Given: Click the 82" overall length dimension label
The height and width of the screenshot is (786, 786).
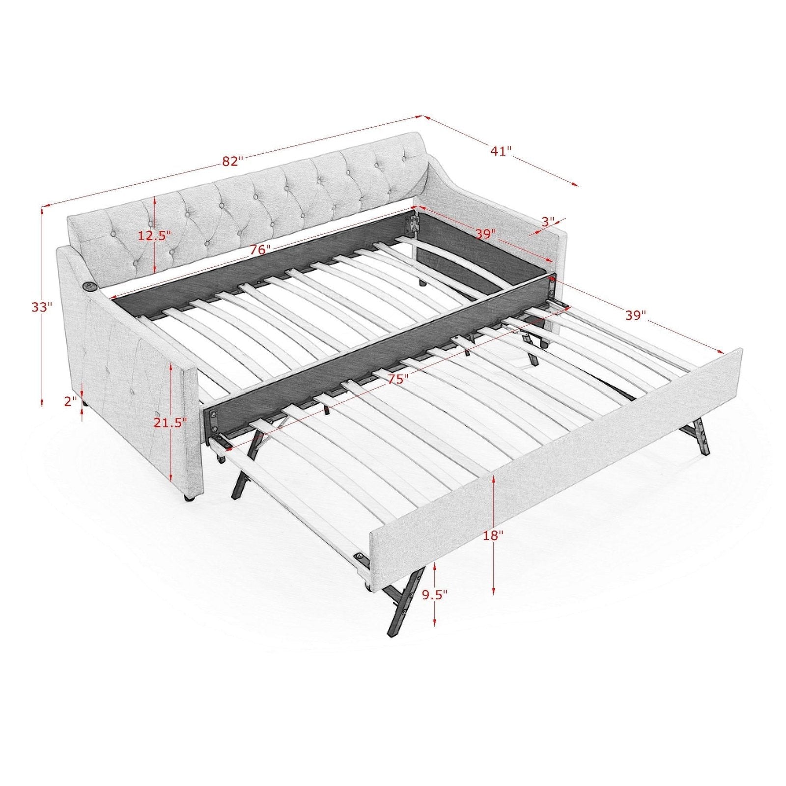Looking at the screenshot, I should (232, 161).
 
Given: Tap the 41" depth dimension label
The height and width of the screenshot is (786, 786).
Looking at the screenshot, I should (501, 151).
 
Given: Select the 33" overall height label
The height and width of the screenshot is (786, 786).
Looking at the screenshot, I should (41, 308).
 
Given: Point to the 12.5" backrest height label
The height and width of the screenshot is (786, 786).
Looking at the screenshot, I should (154, 235).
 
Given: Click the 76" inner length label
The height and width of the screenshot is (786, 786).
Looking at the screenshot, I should (260, 250).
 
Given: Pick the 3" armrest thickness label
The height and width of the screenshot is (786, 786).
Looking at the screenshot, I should (548, 222).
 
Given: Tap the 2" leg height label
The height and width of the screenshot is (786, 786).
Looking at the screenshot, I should (71, 401).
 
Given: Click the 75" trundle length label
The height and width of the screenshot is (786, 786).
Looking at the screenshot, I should (396, 379).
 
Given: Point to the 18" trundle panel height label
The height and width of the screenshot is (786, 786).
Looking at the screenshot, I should (493, 535).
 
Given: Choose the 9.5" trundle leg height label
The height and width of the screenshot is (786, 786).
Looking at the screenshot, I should (435, 595).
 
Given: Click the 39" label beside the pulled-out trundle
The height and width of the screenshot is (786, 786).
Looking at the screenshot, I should (636, 315).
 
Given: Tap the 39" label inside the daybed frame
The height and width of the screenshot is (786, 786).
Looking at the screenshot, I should (486, 234).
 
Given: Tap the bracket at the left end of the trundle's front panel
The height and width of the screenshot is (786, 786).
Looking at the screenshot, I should (362, 559).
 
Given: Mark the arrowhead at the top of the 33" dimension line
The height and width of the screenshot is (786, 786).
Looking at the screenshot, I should (42, 209).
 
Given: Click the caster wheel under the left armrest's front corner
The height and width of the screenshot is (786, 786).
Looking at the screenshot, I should (189, 498).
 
